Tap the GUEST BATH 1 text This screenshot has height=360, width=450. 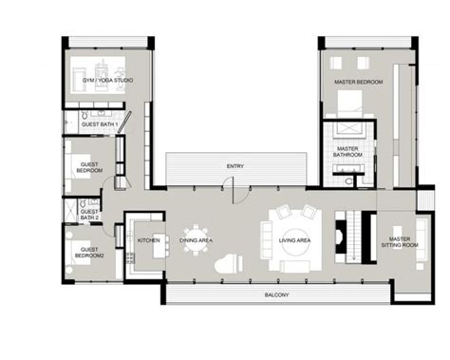[x=98, y=124]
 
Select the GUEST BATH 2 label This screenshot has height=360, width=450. [x=90, y=215]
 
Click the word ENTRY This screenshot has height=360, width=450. [x=234, y=167]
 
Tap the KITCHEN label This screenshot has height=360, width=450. [x=149, y=240]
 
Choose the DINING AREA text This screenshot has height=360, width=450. [x=197, y=240]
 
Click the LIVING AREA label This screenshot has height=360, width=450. [x=293, y=241]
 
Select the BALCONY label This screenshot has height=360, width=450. [x=277, y=295]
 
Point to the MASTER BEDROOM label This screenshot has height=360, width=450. [x=359, y=83]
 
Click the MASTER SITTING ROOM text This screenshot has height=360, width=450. [x=400, y=241]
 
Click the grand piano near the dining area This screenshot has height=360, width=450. [x=226, y=264]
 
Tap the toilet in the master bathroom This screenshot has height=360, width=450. [x=348, y=180]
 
